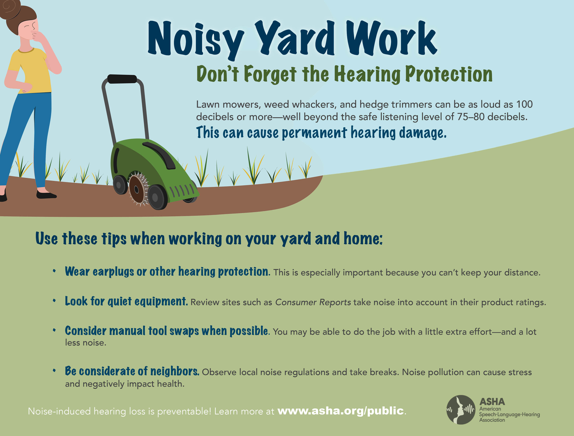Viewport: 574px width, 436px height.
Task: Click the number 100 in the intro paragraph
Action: tap(524, 104)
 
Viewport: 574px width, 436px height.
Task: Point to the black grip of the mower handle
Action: tap(122, 79)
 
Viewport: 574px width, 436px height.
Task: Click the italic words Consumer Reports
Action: tap(313, 302)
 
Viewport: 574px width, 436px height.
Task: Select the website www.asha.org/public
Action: tap(340, 411)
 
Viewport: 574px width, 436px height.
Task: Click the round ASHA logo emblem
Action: tap(461, 410)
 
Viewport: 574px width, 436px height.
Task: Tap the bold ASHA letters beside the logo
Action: tap(492, 402)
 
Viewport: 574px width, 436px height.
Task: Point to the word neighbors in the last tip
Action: tap(175, 371)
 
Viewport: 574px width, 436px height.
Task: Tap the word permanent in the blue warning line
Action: tap(314, 133)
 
